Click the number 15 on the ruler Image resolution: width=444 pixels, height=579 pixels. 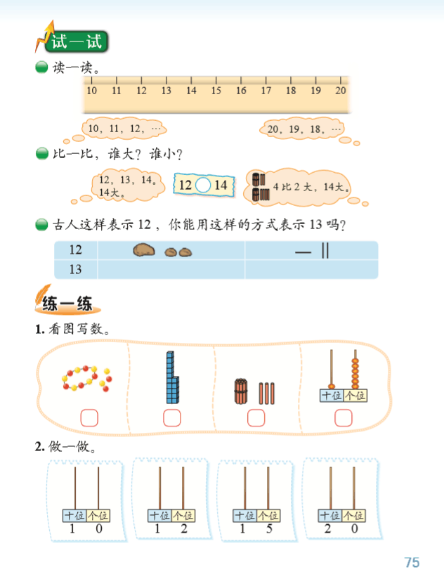click(x=216, y=91)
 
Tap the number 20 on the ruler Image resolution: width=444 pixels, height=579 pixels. click(x=341, y=91)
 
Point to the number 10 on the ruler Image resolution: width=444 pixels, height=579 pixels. click(x=92, y=91)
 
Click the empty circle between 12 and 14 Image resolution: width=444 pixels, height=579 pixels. click(x=202, y=186)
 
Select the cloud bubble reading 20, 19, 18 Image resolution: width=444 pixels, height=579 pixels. click(x=301, y=129)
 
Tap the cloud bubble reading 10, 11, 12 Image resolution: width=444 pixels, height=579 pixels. click(x=124, y=129)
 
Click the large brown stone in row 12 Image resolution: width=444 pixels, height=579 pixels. click(x=145, y=250)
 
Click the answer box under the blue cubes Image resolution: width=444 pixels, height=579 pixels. click(x=171, y=418)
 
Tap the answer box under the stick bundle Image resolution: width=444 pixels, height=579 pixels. click(x=256, y=418)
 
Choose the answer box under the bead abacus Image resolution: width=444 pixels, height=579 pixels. click(x=343, y=418)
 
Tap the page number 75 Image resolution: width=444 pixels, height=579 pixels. click(x=412, y=562)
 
